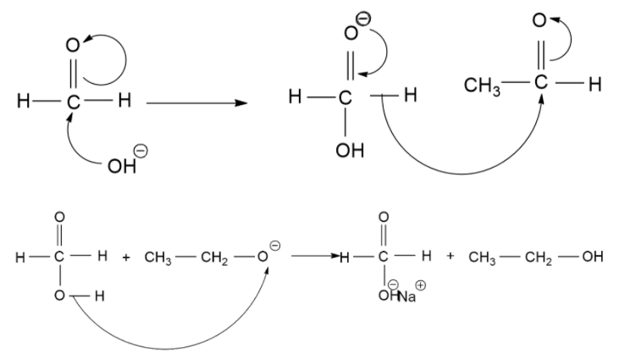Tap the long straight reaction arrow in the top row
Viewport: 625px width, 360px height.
[x=196, y=103]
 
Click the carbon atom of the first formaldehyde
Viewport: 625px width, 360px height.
[x=73, y=103]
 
